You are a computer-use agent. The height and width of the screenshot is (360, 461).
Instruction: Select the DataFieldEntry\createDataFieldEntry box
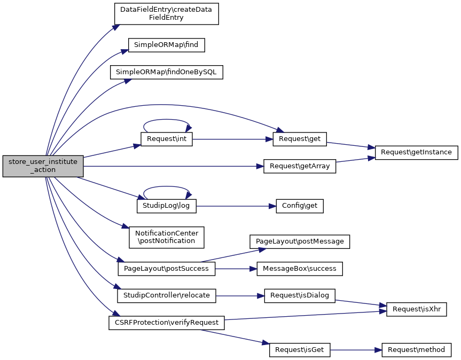(x=167, y=13)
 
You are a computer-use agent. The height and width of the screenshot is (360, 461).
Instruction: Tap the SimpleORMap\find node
(x=167, y=45)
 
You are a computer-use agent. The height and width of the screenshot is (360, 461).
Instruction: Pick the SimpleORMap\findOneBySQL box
(x=167, y=72)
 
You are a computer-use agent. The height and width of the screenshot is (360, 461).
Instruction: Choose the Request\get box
(x=300, y=139)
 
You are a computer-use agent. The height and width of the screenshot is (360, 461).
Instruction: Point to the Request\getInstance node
(x=417, y=152)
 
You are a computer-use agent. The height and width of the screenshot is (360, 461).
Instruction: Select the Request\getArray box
(x=300, y=166)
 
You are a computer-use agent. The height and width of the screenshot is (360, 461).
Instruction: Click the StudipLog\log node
(x=167, y=205)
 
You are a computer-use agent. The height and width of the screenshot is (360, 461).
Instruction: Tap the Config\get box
(x=300, y=206)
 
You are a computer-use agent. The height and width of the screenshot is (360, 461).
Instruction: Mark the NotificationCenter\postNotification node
(x=167, y=237)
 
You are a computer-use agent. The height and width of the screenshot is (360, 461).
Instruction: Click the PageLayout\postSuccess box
(x=166, y=268)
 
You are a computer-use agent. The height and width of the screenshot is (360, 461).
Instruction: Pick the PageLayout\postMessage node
(x=300, y=241)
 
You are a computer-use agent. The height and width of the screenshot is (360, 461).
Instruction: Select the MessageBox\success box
(x=300, y=268)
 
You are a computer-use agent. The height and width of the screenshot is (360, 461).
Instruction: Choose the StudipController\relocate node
(x=167, y=295)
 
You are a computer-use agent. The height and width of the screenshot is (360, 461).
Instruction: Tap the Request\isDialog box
(x=300, y=295)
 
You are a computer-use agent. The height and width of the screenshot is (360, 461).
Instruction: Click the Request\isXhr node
(x=416, y=309)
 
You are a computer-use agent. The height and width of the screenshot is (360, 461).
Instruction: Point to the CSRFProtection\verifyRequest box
(x=166, y=323)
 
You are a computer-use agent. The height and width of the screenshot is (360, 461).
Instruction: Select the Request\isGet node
(x=300, y=350)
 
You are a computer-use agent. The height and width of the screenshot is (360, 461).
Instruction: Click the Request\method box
(x=416, y=350)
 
